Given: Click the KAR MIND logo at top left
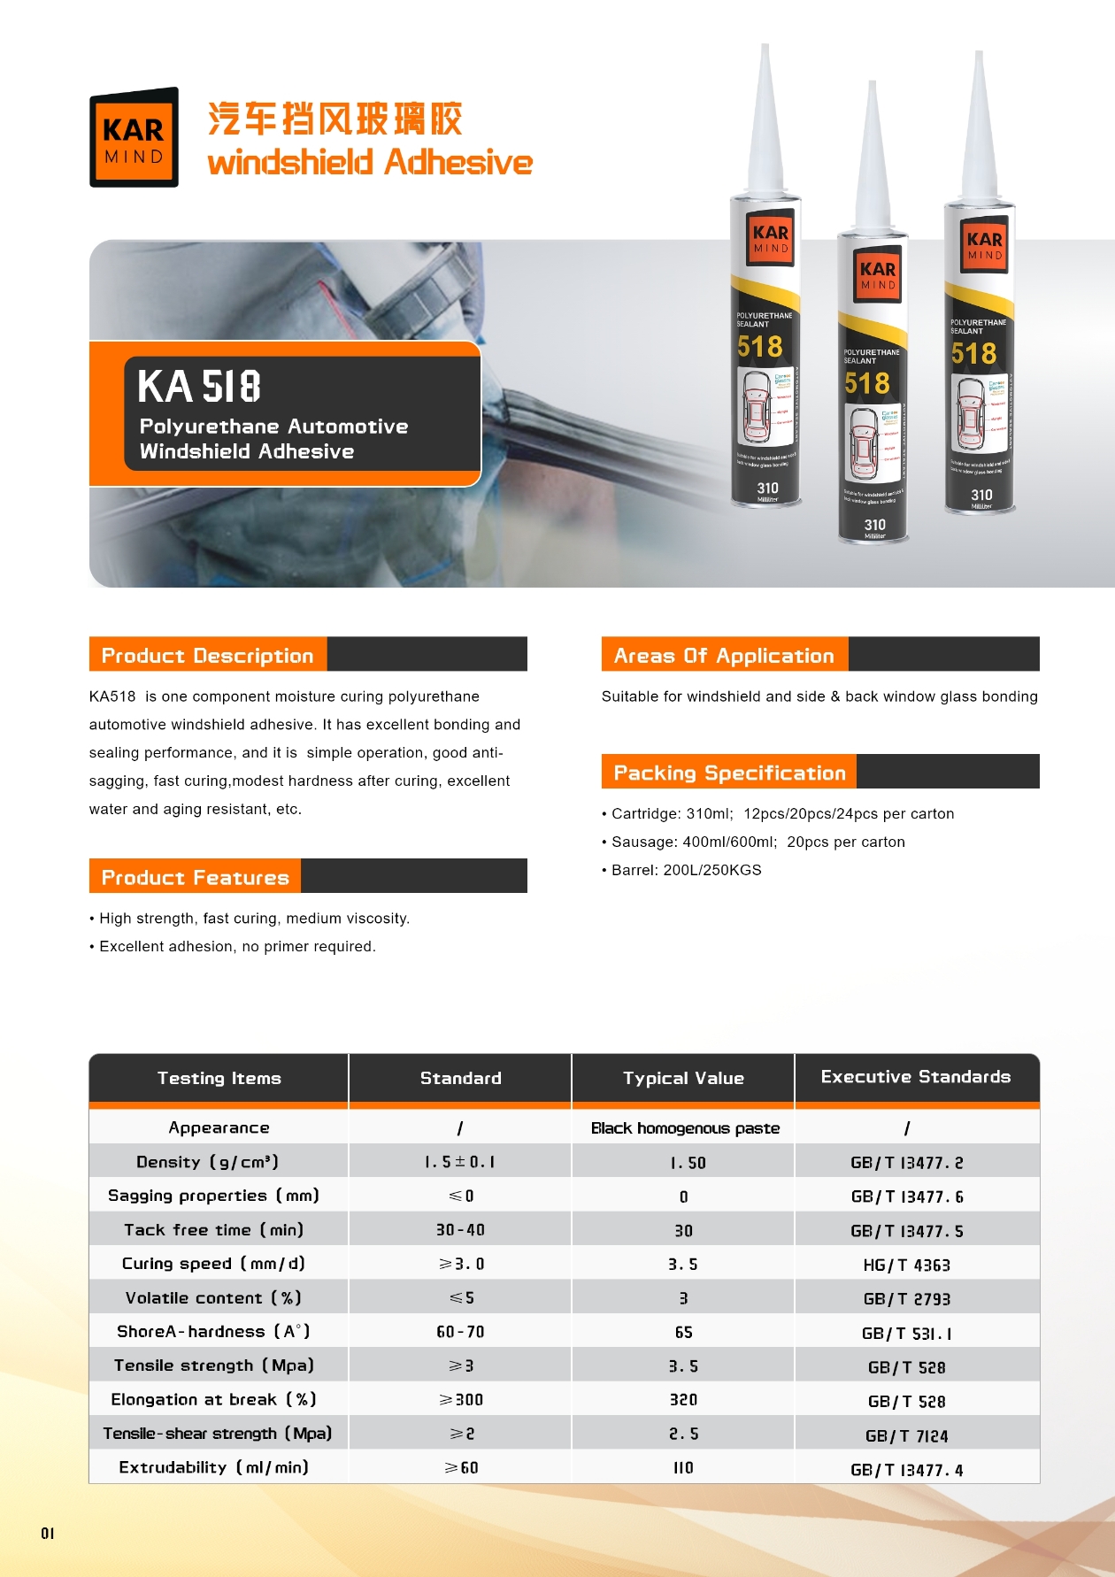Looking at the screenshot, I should tap(134, 138).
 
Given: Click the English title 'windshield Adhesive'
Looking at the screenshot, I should tap(370, 163).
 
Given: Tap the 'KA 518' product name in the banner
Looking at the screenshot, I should tap(199, 387).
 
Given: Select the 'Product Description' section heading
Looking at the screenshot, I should tap(208, 656).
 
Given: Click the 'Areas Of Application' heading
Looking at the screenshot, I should tap(724, 656).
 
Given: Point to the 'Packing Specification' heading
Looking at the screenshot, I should tap(729, 773).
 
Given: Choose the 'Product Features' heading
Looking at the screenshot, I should tap(196, 877).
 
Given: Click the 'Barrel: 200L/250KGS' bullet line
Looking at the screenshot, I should tap(686, 870).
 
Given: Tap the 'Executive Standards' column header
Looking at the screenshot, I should tap(916, 1077).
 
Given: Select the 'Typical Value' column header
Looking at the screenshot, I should tap(683, 1078).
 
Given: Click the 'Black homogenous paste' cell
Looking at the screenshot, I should tap(685, 1128).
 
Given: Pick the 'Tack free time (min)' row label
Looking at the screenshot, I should tap(213, 1230).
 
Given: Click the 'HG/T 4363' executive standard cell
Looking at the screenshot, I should tap(907, 1265).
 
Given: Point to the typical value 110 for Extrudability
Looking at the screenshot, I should tap(683, 1468).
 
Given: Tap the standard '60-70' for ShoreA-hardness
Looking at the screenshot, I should tap(460, 1332).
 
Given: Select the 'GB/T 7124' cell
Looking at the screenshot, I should tap(907, 1435).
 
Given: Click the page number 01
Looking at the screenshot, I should tap(48, 1533).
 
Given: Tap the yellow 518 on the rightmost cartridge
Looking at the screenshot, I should tap(973, 354).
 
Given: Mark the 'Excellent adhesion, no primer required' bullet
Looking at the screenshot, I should tap(237, 946).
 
